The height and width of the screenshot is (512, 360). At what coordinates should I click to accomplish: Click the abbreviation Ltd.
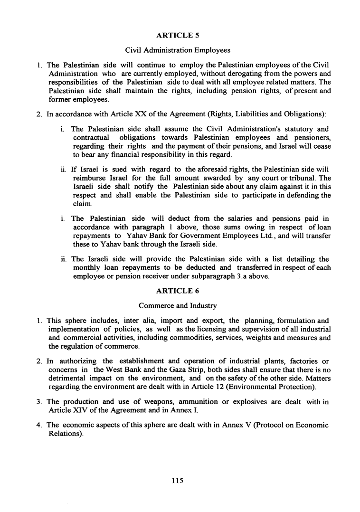(x=248, y=236)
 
